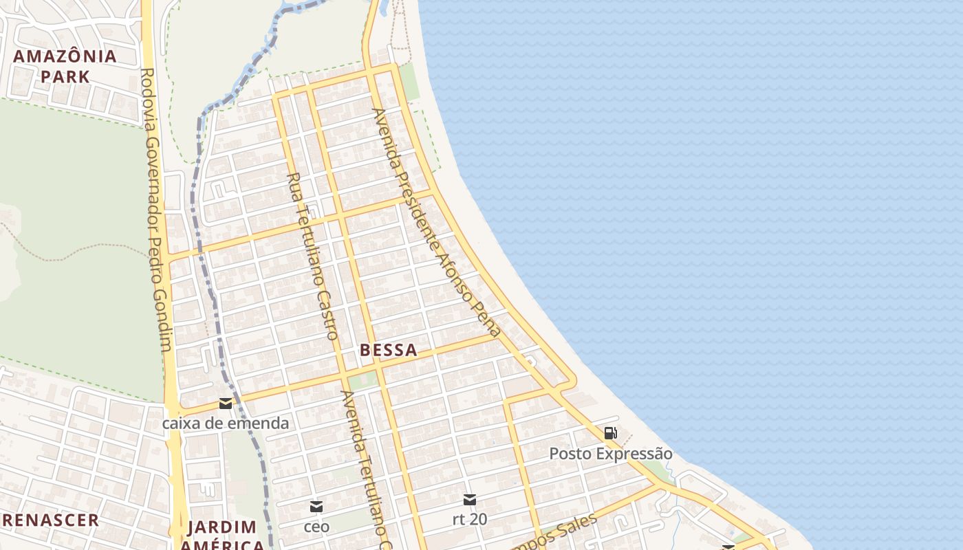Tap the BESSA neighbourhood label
[x=388, y=350]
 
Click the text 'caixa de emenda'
[x=226, y=423]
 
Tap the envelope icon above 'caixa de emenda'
[x=226, y=404]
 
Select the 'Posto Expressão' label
[x=611, y=454]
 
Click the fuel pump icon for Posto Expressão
[x=610, y=433]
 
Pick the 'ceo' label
[x=316, y=527]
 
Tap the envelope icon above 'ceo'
[x=316, y=507]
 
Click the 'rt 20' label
[x=470, y=519]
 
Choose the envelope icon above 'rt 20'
[x=470, y=500]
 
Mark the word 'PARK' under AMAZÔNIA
[x=65, y=76]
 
